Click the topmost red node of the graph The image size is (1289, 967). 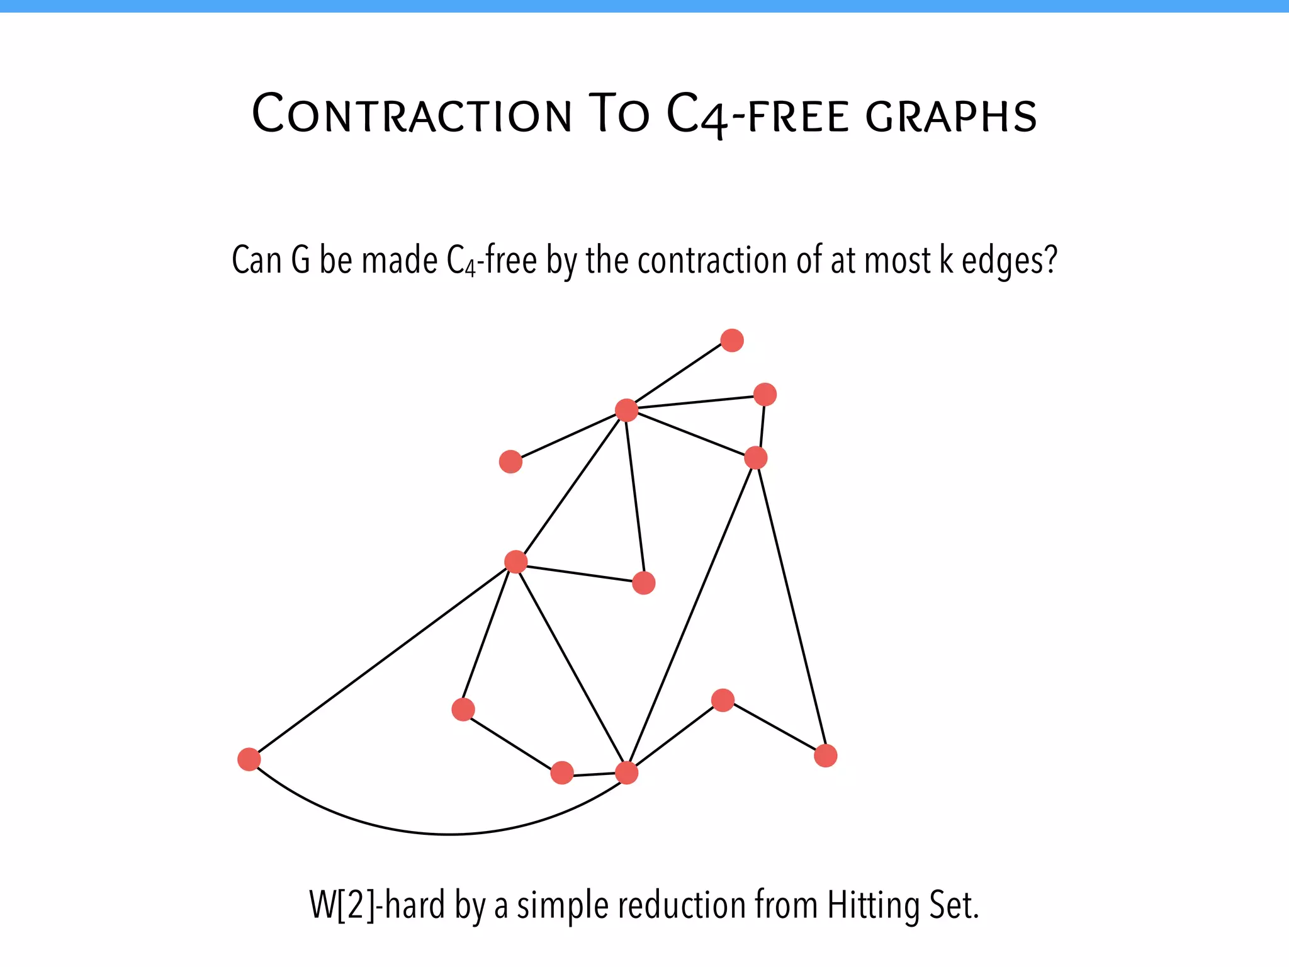(x=732, y=341)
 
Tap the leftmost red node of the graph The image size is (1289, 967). (x=249, y=759)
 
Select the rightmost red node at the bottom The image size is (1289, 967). (x=825, y=755)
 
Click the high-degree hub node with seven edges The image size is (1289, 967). (x=626, y=410)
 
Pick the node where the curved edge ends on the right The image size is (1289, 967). (x=626, y=772)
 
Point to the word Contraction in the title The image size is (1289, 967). (x=412, y=115)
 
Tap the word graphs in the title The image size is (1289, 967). (x=951, y=116)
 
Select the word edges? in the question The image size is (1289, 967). (x=1010, y=261)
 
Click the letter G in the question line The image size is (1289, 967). (x=301, y=260)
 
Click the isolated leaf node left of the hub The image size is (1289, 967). (x=510, y=461)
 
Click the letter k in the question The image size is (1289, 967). (x=946, y=260)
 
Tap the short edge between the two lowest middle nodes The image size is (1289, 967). (x=594, y=774)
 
